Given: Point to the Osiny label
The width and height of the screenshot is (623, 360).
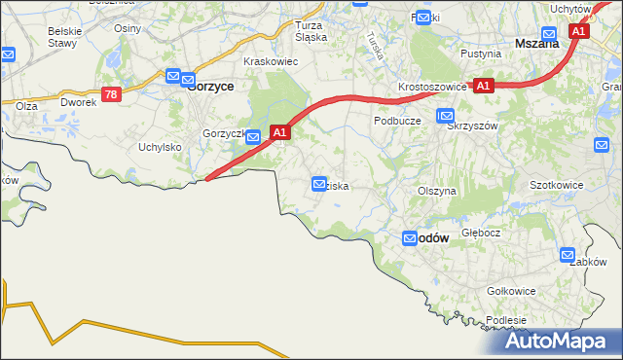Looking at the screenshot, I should point(128,28).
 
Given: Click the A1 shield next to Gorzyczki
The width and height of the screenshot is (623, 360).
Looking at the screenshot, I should point(280,131).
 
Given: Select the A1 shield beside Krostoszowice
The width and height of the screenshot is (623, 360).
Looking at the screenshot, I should point(484,86).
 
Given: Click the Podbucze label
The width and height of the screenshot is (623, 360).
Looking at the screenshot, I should point(396,121).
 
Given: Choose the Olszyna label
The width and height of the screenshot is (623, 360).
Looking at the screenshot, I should point(436,192).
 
